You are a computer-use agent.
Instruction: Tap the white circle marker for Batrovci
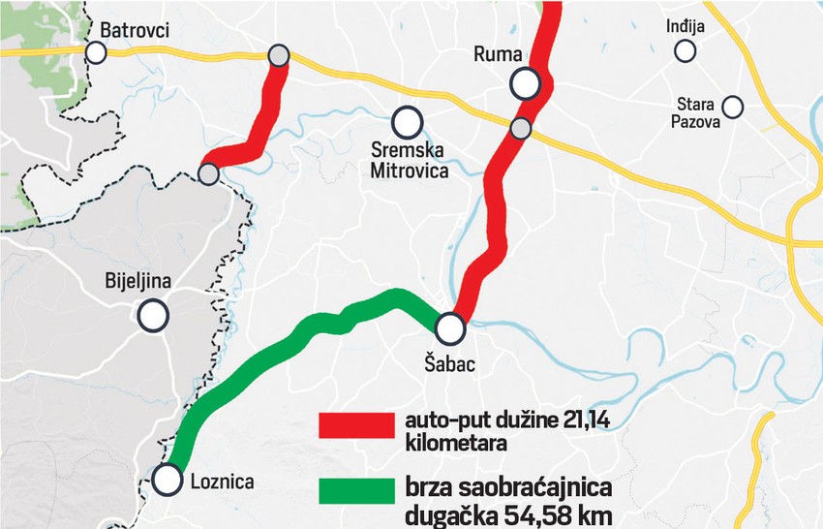click(x=96, y=52)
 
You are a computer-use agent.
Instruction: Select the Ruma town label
click(x=498, y=54)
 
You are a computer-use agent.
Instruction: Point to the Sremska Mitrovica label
click(x=411, y=161)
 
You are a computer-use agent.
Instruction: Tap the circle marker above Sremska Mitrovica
click(x=407, y=122)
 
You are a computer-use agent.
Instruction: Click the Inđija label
click(x=686, y=27)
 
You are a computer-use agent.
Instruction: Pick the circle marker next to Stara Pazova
click(x=733, y=105)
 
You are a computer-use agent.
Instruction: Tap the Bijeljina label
click(x=137, y=282)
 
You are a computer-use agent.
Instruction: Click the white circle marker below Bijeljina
click(x=153, y=315)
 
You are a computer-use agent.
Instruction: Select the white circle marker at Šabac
click(x=450, y=328)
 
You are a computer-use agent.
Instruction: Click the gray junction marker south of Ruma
click(x=521, y=128)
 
